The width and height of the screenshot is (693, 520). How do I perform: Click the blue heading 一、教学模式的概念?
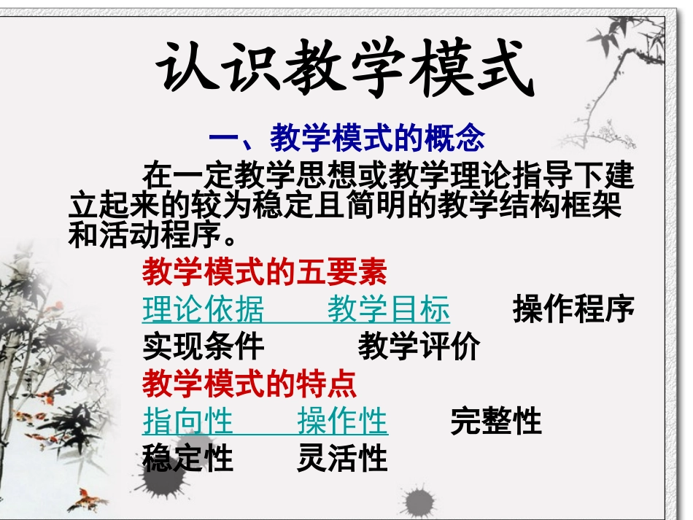pos(347,136)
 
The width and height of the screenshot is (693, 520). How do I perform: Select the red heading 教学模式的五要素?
pos(264,273)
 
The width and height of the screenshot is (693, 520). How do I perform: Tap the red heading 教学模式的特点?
pos(249,382)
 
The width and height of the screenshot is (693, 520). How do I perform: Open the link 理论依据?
pos(203,309)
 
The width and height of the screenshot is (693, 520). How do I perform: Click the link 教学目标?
pos(388,309)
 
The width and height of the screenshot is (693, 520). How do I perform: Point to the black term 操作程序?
pos(573,309)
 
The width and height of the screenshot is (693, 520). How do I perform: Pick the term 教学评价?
pos(419,346)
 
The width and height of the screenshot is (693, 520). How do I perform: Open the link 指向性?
pos(187,421)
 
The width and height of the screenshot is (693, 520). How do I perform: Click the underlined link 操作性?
pos(342,421)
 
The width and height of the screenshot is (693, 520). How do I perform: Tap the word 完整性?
pos(496,421)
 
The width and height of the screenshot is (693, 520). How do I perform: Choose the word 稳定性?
pos(187,459)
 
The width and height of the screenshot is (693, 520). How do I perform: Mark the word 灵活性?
pos(342,459)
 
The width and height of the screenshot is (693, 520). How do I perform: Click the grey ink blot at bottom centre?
pos(419,502)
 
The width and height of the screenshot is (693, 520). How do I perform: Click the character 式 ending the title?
pos(500,70)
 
